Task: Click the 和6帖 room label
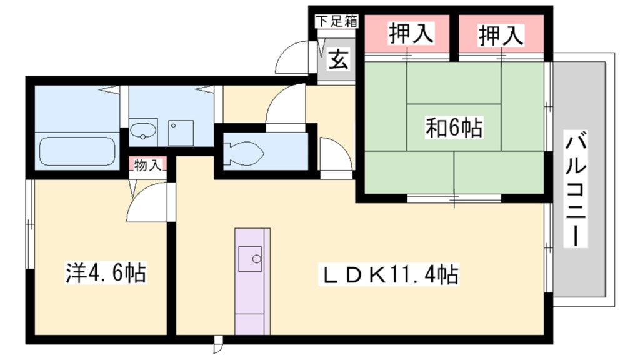[x=453, y=128]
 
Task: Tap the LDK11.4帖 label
[x=390, y=274]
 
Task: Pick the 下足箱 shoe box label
[x=336, y=21]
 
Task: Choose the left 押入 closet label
[x=411, y=35]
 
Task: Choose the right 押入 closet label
[x=501, y=35]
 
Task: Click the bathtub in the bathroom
[x=77, y=151]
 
